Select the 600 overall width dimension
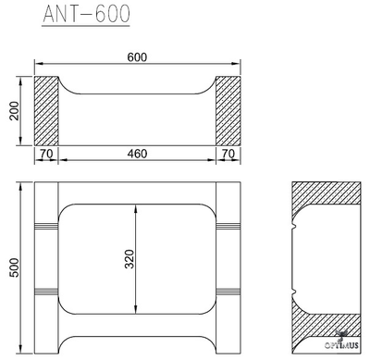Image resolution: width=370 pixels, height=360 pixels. tap(139, 57)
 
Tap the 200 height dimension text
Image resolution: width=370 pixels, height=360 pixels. tap(14, 110)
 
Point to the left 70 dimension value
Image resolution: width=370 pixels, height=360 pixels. tap(46, 155)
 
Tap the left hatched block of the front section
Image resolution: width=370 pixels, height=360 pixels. tap(46, 109)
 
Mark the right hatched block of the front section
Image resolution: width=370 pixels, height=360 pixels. tap(229, 109)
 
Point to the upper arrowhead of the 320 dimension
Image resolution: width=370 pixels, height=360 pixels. tap(137, 208)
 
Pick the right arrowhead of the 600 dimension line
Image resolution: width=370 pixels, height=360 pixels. tap(239, 65)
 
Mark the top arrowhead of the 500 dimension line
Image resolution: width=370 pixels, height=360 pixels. tap(22, 186)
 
